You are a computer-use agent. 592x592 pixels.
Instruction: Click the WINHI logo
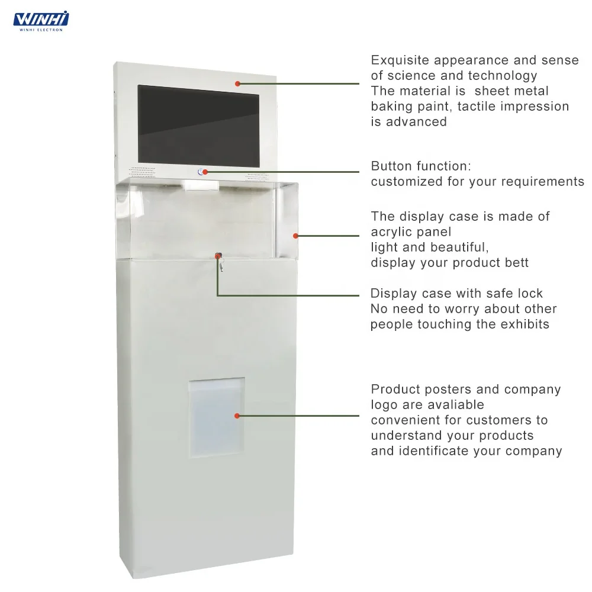[41, 20]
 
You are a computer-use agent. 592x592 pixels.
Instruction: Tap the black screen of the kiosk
[198, 126]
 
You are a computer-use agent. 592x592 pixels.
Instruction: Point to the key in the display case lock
[220, 264]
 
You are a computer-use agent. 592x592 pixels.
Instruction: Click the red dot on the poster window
[237, 416]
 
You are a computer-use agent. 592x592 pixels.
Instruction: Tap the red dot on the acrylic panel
[295, 236]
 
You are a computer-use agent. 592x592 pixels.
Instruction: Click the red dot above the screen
[237, 83]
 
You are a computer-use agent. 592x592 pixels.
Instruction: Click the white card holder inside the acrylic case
[202, 185]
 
